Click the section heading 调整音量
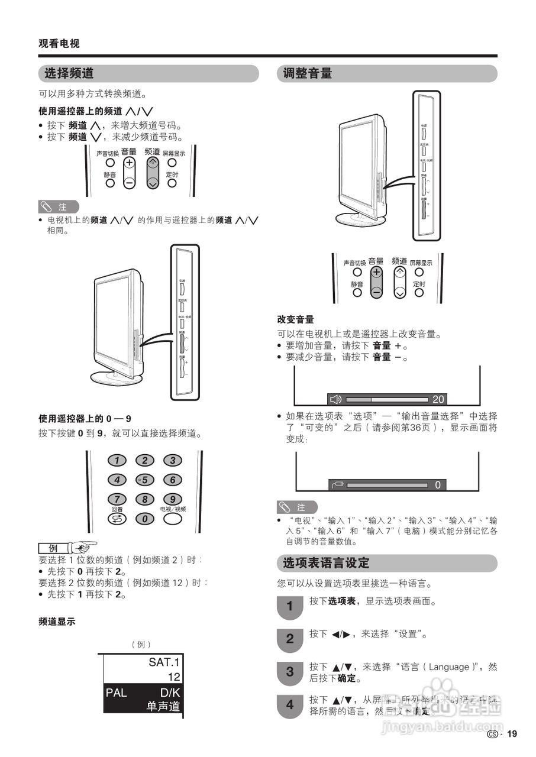click(x=308, y=73)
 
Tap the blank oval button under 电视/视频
click(x=172, y=519)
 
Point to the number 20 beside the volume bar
click(x=438, y=399)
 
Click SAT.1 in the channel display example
click(x=164, y=662)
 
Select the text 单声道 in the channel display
click(x=163, y=706)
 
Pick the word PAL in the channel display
click(x=117, y=693)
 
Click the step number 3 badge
click(x=289, y=672)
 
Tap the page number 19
click(x=512, y=734)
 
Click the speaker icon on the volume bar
click(x=336, y=399)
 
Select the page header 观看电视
click(x=59, y=43)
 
